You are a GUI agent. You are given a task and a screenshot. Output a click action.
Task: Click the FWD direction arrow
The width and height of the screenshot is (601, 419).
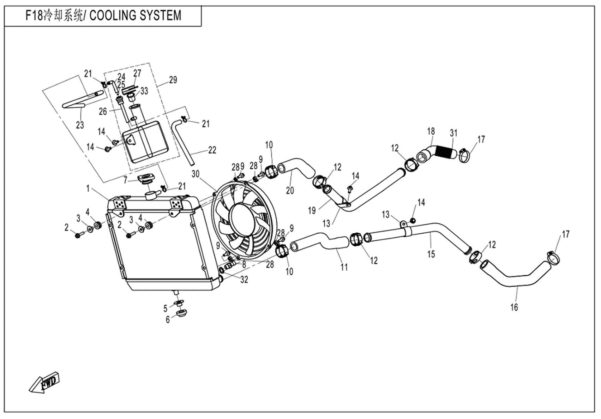tap(44, 382)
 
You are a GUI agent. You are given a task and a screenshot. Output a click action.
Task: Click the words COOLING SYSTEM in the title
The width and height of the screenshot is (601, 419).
tap(135, 16)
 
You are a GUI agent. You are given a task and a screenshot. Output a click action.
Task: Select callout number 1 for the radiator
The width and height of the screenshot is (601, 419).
tap(88, 189)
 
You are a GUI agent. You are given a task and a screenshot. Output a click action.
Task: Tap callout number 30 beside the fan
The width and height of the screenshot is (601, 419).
tap(196, 174)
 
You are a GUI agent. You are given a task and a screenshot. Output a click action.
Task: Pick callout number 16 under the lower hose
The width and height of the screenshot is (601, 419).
tap(514, 307)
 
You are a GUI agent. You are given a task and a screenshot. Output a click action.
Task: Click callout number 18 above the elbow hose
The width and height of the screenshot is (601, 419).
tap(431, 131)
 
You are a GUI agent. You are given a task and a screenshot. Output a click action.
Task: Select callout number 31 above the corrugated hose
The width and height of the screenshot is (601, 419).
tap(453, 133)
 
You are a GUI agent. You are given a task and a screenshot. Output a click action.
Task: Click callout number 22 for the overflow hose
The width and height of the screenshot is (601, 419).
tap(212, 150)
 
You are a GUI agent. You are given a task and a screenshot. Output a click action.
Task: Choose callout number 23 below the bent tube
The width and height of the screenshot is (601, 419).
tap(80, 125)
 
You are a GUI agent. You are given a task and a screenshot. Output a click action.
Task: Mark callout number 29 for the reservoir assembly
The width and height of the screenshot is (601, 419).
tap(173, 80)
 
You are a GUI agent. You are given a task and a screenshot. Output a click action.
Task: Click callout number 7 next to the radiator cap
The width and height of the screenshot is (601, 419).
tap(125, 180)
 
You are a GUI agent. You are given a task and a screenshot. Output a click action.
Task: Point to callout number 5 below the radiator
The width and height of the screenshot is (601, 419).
tap(165, 309)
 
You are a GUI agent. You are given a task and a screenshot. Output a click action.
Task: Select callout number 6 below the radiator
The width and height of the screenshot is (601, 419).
tap(168, 319)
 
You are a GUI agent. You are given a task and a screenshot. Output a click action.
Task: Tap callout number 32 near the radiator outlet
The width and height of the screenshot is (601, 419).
tap(244, 280)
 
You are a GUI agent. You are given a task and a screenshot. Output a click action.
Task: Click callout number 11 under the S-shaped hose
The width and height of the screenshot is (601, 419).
tap(344, 267)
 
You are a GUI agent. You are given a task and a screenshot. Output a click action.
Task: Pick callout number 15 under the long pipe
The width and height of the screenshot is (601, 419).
tap(431, 254)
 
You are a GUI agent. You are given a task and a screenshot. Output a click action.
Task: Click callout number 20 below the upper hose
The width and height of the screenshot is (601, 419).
tap(290, 191)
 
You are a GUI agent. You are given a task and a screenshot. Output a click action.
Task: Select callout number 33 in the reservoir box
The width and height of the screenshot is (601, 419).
tap(144, 91)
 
